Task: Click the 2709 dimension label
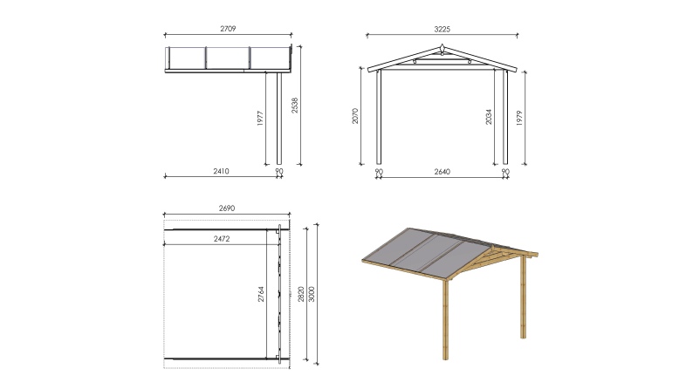click(x=228, y=29)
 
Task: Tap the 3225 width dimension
click(x=442, y=29)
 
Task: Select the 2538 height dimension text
click(x=295, y=106)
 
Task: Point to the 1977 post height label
click(x=260, y=119)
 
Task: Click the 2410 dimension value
click(x=221, y=171)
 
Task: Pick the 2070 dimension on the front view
click(x=355, y=116)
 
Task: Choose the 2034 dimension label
click(x=489, y=117)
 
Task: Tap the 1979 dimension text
click(x=519, y=118)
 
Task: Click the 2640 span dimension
click(x=442, y=172)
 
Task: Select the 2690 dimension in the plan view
click(x=227, y=208)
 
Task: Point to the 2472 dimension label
click(x=222, y=239)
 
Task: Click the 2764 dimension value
click(x=261, y=294)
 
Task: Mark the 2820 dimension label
click(x=301, y=294)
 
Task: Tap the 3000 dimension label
click(x=312, y=294)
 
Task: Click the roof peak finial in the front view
click(x=443, y=47)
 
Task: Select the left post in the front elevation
click(x=379, y=117)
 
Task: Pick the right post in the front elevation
click(x=505, y=117)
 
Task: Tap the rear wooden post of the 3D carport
click(x=524, y=297)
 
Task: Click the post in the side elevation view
click(x=279, y=119)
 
